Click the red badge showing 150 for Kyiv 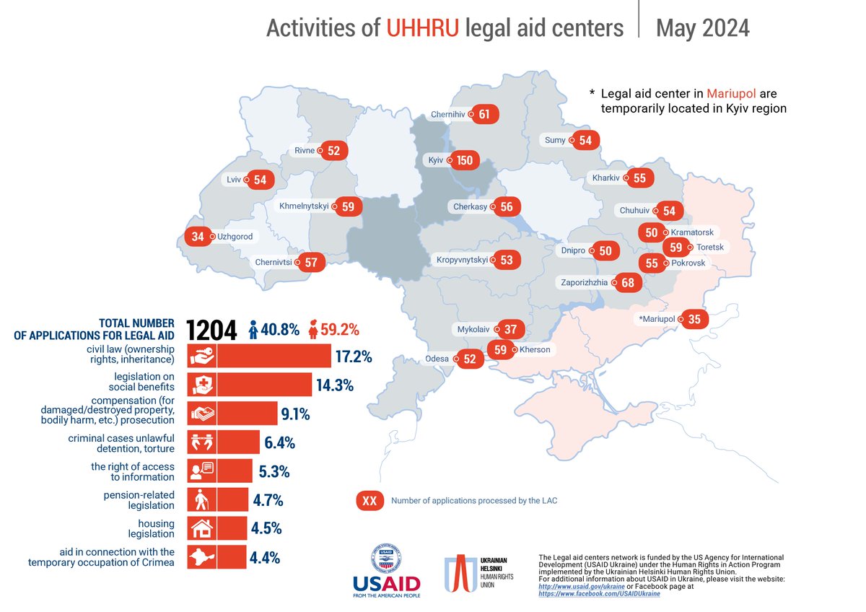465,160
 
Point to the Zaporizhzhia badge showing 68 628,283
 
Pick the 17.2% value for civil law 353,357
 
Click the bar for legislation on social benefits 264,385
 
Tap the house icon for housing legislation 201,528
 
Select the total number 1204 211,331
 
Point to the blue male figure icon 254,330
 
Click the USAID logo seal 385,559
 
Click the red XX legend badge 369,501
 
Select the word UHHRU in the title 422,28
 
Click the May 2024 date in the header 702,28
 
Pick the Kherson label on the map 535,350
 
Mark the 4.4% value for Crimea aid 266,556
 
